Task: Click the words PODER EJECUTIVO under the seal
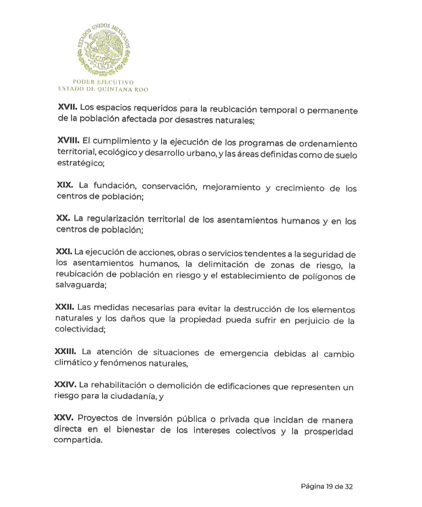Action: click(x=103, y=82)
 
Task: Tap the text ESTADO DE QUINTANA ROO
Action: click(x=103, y=89)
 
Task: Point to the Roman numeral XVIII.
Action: click(x=69, y=141)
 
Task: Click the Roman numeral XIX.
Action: click(x=65, y=185)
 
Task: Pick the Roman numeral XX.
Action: click(x=63, y=218)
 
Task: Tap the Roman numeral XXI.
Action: click(x=64, y=251)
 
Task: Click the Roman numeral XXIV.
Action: click(x=65, y=385)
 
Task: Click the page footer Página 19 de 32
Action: click(x=327, y=487)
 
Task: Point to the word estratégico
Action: click(x=80, y=163)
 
